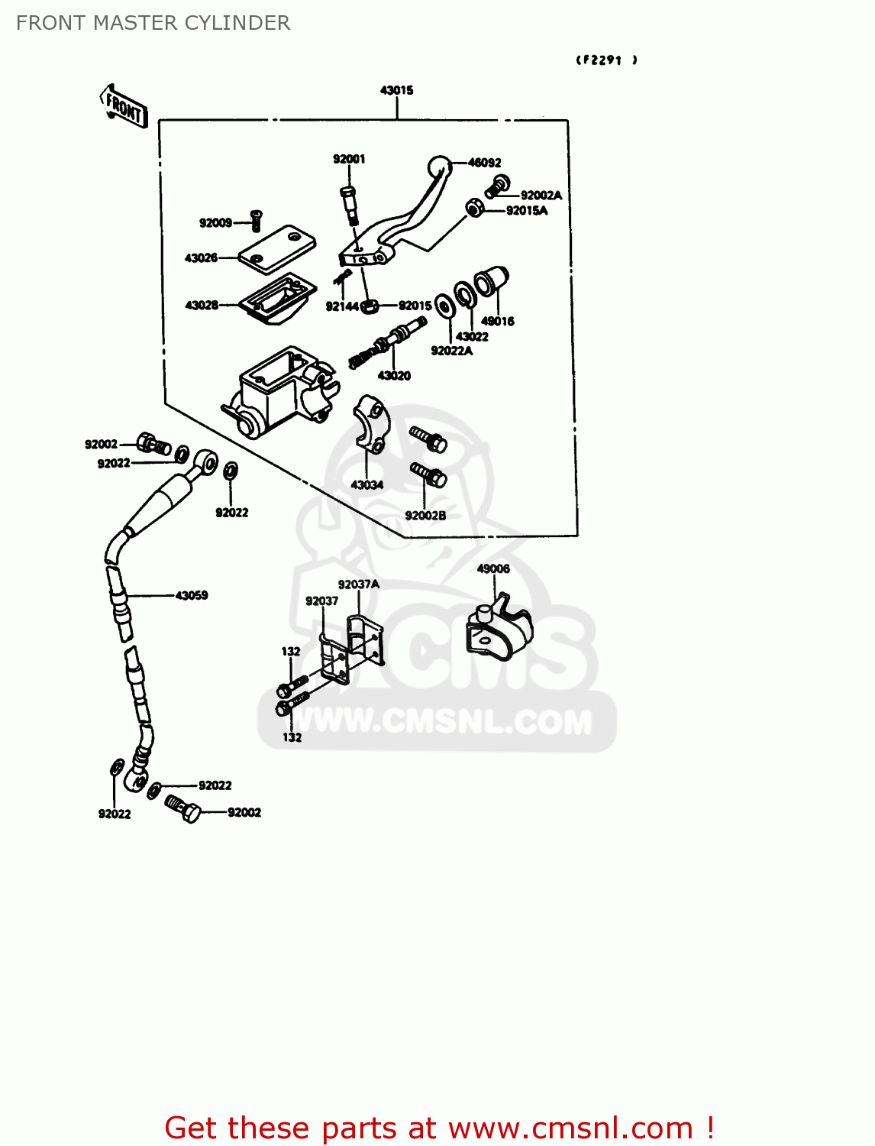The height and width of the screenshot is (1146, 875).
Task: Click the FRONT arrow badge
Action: coord(123,107)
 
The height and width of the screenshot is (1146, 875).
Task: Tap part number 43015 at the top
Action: coord(396,90)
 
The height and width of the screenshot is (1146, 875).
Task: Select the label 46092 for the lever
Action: coord(484,163)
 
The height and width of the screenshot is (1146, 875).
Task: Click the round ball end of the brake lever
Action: coord(438,167)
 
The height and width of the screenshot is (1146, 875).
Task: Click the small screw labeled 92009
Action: coord(257,221)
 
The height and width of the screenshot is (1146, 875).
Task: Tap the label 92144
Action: coord(341,306)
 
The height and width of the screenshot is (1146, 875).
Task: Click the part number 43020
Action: coord(394,375)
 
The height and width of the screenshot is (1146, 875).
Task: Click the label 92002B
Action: coord(425,516)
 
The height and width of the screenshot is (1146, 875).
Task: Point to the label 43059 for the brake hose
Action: coord(192,595)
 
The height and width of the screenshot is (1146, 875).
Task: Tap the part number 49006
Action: coord(493,568)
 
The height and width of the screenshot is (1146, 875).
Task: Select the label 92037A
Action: coord(358,584)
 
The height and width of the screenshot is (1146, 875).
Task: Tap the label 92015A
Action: coord(527,210)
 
